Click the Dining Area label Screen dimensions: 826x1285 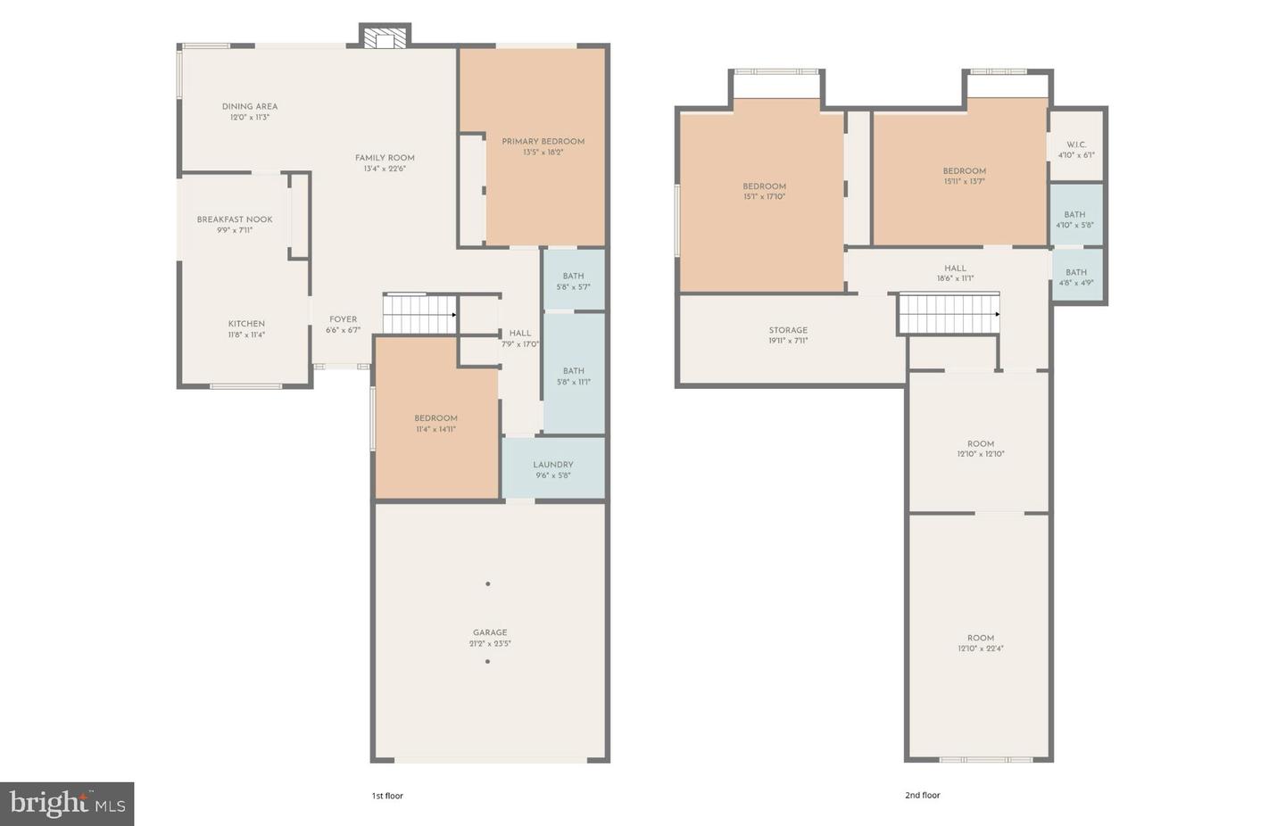click(250, 106)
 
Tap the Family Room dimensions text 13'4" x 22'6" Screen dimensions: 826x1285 click(385, 169)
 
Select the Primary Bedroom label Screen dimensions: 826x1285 click(543, 141)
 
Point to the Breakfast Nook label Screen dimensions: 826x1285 click(235, 219)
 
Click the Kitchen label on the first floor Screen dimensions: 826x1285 click(246, 324)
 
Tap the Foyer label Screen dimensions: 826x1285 click(343, 319)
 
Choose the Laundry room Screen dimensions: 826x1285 click(553, 468)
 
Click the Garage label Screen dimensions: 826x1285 click(490, 632)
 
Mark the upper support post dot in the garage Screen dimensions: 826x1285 click(487, 584)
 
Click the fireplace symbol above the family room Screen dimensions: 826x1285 click(385, 38)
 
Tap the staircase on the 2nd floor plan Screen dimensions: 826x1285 click(948, 313)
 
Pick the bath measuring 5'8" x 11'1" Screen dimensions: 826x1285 click(573, 376)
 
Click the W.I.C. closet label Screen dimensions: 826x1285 click(1076, 145)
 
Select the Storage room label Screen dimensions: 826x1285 click(788, 330)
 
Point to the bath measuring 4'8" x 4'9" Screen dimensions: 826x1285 click(1076, 277)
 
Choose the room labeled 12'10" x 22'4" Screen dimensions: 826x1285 click(980, 642)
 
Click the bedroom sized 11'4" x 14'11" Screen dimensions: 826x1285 click(435, 423)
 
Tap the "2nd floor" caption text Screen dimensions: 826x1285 click(923, 795)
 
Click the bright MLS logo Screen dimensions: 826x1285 click(67, 804)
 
